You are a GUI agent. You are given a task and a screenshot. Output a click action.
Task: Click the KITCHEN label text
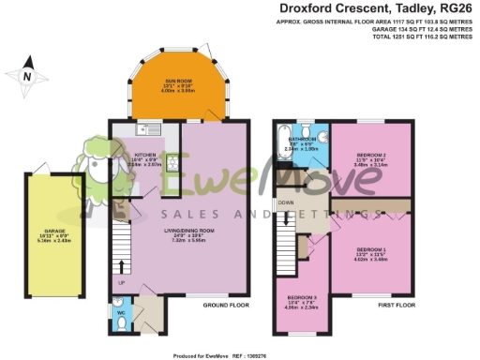(144, 155)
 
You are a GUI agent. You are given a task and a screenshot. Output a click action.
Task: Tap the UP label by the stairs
(121, 280)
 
